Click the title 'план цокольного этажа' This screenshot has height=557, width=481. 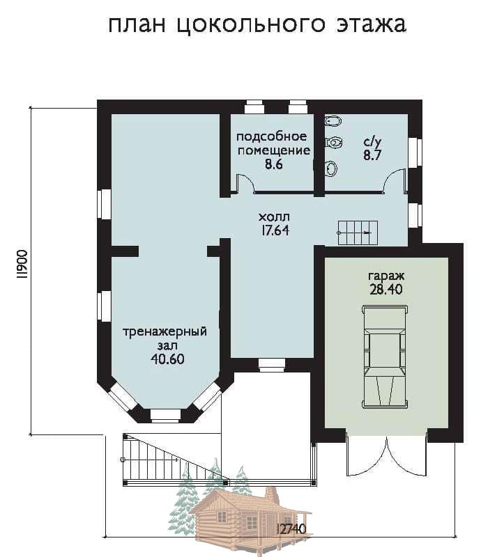257,25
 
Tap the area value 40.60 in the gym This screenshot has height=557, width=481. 167,359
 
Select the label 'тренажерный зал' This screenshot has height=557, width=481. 165,338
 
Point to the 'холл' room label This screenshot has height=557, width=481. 274,217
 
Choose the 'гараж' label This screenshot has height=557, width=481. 386,276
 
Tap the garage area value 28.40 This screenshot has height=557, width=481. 386,290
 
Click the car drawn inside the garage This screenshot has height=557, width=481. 385,356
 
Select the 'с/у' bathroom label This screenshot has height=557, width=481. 372,142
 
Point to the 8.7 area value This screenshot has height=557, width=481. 372,155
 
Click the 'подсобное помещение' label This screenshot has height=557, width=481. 273,144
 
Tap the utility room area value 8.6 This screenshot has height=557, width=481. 273,164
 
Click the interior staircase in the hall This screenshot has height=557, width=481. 357,233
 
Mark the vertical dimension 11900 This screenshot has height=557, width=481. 22,264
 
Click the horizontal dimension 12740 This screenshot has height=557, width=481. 291,529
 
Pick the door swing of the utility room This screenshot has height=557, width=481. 245,183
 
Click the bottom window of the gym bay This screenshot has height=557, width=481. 165,415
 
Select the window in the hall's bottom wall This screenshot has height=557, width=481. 272,365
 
